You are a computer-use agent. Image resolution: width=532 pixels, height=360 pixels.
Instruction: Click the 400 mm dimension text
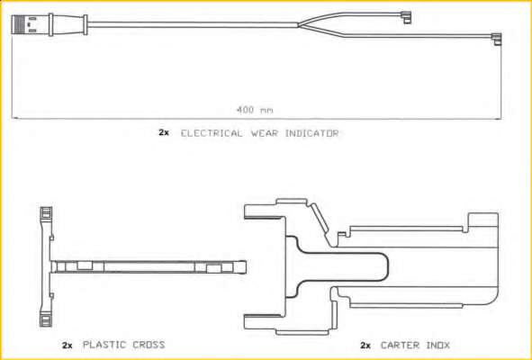[x=255, y=110]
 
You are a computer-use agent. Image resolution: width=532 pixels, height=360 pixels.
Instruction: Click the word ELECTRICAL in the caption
[x=212, y=133]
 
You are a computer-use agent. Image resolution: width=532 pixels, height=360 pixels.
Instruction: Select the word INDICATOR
[x=311, y=133]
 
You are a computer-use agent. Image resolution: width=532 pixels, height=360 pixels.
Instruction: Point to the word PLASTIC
[x=104, y=345]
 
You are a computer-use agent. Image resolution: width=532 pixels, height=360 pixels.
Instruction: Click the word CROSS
[x=149, y=345]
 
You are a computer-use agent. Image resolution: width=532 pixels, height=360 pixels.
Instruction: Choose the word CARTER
[x=400, y=346]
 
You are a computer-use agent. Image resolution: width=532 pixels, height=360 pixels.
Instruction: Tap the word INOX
[x=438, y=346]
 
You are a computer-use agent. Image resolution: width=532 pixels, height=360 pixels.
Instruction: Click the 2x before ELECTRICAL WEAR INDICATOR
[x=164, y=132]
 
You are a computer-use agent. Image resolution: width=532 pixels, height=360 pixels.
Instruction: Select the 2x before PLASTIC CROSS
[x=67, y=346]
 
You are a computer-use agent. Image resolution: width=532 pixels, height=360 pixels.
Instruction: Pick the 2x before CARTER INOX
[x=365, y=346]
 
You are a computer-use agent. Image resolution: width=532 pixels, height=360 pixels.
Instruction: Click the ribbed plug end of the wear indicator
[x=19, y=24]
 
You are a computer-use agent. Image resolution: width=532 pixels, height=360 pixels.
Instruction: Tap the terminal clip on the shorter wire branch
[x=406, y=18]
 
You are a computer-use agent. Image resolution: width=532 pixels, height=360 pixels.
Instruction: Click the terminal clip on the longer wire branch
[x=496, y=39]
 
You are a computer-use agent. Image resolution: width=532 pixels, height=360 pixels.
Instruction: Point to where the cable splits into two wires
[x=298, y=25]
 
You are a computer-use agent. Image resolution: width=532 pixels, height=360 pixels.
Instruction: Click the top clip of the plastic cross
[x=46, y=213]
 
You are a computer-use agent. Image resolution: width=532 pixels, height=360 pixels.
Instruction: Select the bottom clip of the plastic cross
[x=46, y=319]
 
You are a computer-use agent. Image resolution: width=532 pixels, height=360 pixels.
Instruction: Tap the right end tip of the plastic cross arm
[x=246, y=267]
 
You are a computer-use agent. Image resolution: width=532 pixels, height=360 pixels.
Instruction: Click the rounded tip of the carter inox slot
[x=388, y=267]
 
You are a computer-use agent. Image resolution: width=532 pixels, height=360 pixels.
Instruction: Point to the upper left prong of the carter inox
[x=263, y=211]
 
